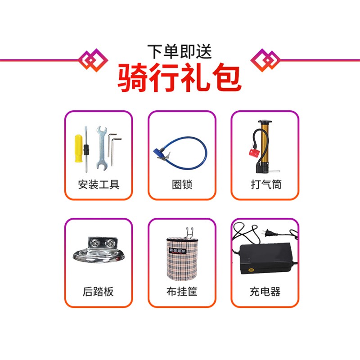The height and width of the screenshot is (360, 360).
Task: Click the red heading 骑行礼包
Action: [179, 77]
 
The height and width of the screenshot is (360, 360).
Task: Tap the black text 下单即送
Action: [179, 52]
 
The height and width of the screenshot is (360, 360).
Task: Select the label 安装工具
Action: [99, 184]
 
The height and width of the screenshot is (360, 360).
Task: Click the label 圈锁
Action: [182, 184]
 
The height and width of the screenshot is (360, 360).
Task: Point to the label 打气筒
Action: [266, 184]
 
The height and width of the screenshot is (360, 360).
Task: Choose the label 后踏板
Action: [98, 292]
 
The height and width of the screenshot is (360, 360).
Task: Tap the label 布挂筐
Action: [182, 292]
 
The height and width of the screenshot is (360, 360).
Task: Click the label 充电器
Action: [265, 292]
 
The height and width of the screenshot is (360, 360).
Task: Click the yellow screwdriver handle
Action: [78, 148]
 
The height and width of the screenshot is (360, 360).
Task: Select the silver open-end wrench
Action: [101, 148]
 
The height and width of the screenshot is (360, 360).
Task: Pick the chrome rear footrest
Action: [99, 250]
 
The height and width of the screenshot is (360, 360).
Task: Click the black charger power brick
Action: [266, 258]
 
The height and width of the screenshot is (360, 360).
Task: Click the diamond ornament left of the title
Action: [93, 60]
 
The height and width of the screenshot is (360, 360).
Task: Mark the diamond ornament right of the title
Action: [265, 60]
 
